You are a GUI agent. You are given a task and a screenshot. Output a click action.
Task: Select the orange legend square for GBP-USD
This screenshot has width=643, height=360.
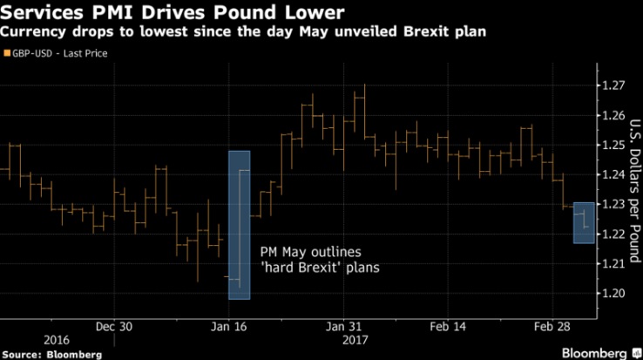tap(8, 53)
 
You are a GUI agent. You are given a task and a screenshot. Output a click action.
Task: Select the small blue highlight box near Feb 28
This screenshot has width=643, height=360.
tap(584, 222)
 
